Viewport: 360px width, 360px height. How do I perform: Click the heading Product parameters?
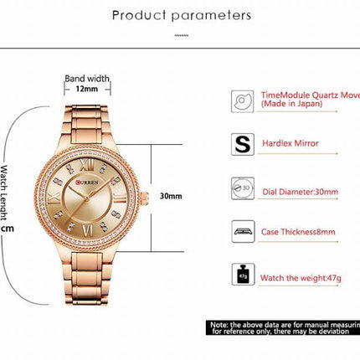[181, 15]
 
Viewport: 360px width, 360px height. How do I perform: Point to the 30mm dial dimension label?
[171, 196]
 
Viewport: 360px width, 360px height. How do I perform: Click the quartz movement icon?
[240, 101]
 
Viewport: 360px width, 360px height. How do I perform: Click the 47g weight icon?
[240, 275]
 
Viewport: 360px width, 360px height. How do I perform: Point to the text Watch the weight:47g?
[302, 275]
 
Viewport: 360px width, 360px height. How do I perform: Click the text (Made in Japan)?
[289, 105]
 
